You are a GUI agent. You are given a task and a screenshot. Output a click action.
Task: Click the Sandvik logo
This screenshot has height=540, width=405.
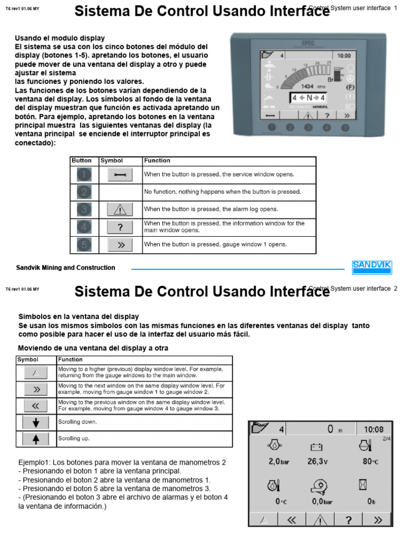click(371, 267)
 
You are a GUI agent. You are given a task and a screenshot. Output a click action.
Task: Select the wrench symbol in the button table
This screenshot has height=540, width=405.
click(120, 175)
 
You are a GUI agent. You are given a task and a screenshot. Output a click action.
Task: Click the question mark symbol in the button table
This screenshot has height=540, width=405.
click(120, 227)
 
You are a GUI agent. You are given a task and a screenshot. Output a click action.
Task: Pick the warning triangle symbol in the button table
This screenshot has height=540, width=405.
click(120, 209)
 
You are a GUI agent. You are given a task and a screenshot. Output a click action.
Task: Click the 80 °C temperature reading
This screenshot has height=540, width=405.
click(370, 461)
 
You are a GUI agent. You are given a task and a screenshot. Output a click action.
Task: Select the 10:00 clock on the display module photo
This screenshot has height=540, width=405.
click(344, 55)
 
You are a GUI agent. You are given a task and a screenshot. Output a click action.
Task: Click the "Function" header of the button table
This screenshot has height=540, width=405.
click(157, 160)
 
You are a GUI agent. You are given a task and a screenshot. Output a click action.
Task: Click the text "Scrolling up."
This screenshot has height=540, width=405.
click(73, 438)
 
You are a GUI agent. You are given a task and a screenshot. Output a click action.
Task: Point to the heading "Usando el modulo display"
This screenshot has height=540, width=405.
click(60, 38)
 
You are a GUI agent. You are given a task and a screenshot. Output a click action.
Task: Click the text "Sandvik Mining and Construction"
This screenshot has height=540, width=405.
click(65, 268)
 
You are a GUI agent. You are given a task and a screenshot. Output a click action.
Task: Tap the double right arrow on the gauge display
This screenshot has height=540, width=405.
click(378, 519)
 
